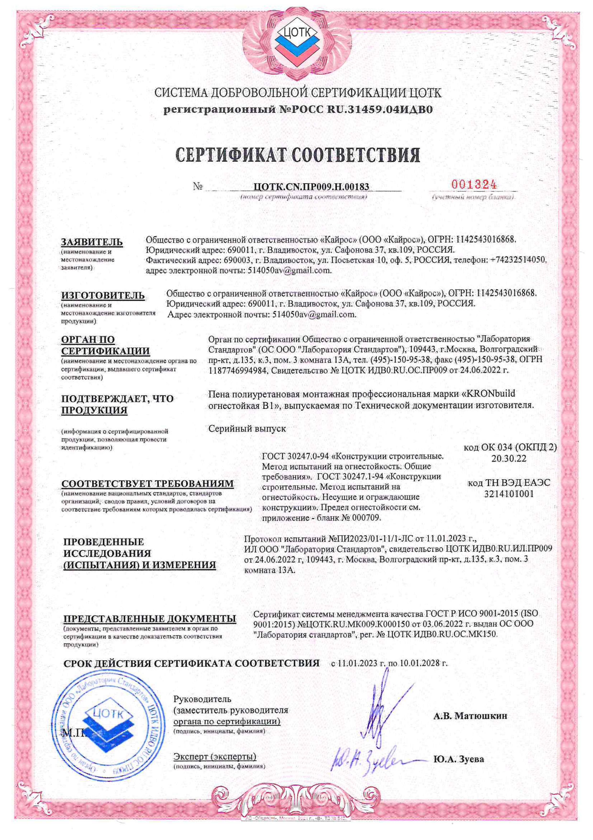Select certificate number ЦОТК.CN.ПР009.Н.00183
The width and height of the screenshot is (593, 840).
(311, 187)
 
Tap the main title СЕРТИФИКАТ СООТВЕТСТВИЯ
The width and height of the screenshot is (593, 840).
(298, 155)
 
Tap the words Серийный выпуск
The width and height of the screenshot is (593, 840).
(247, 429)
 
